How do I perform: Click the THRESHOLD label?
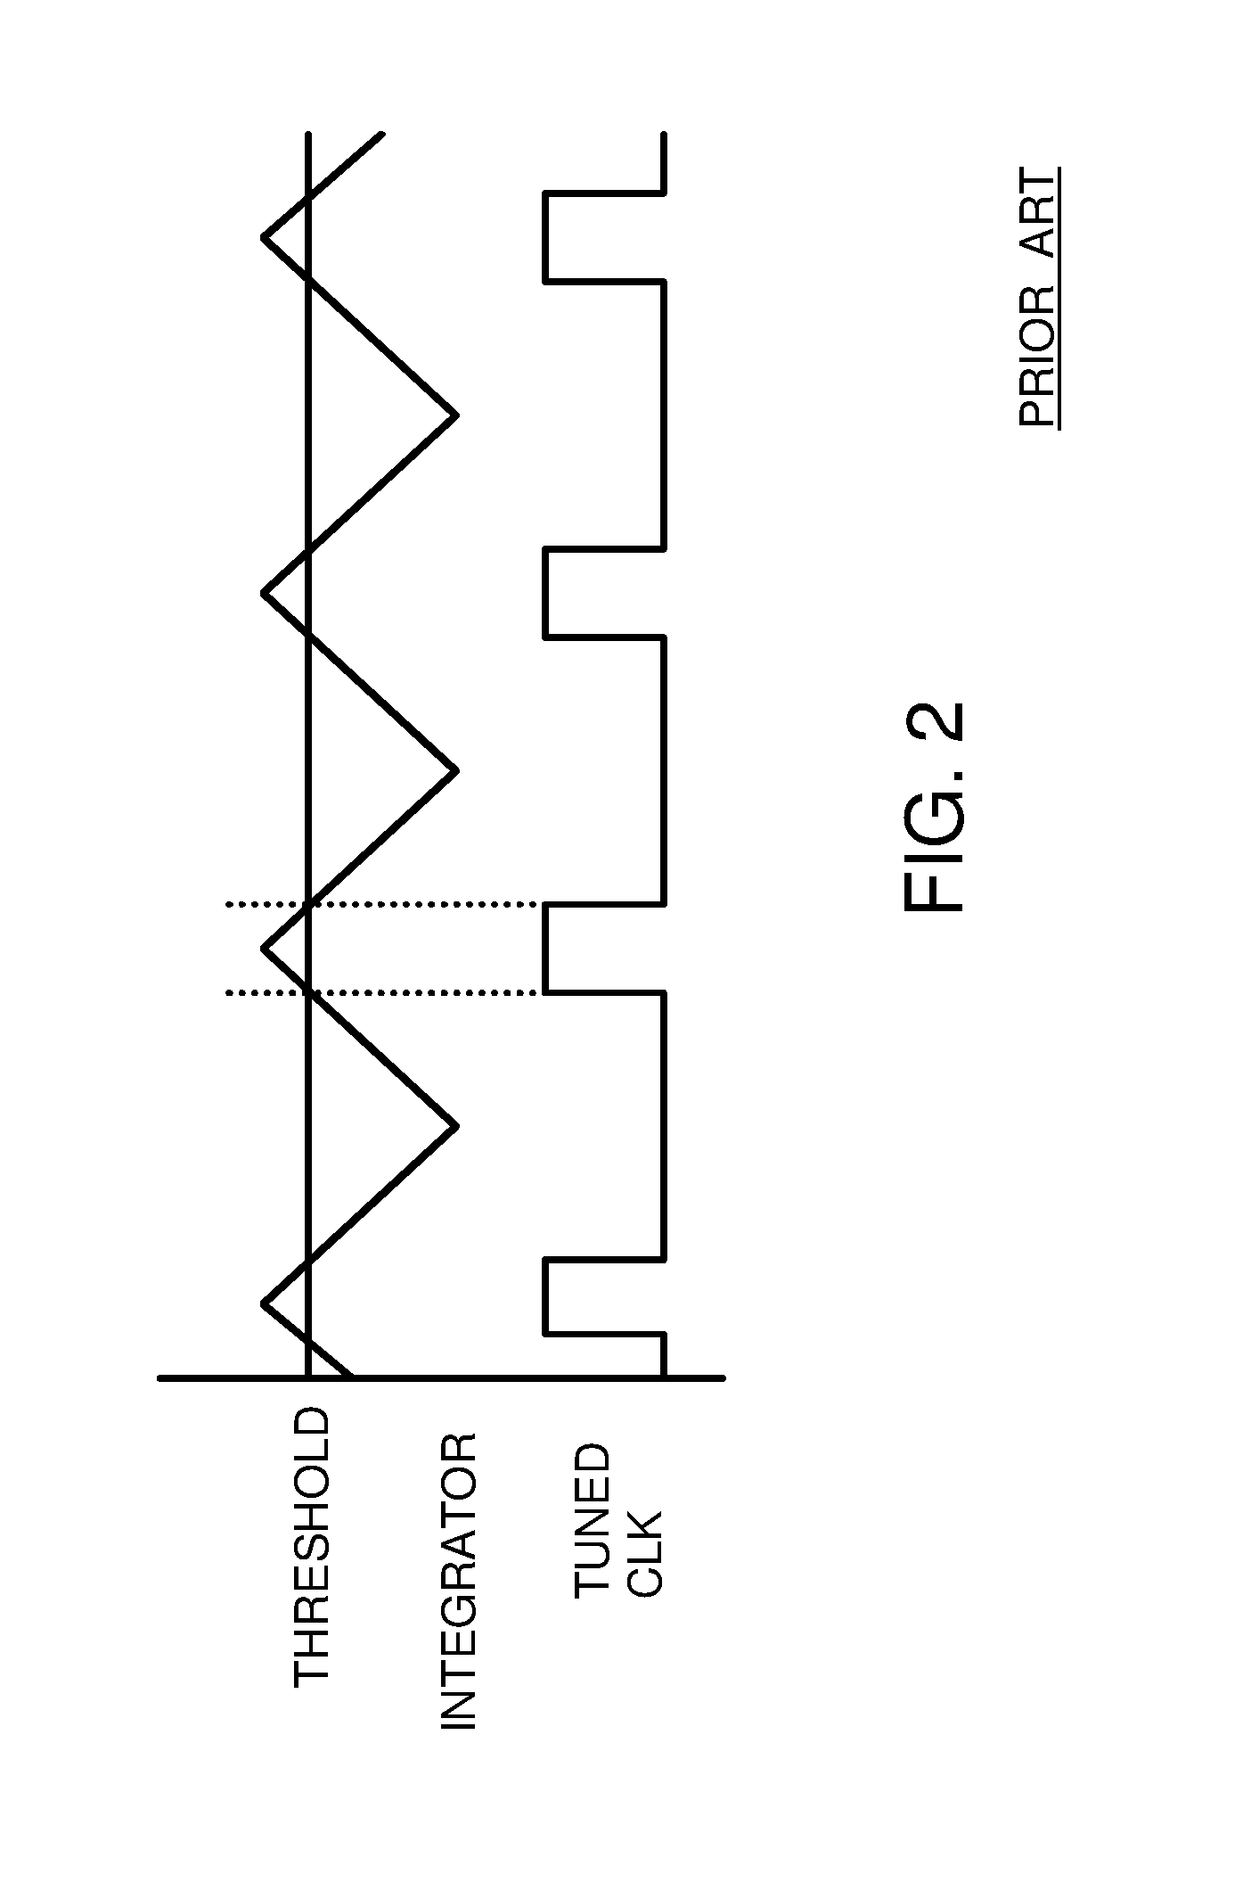pos(311,1548)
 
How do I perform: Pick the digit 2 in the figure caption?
pos(935,723)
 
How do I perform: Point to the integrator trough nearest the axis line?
pos(455,1127)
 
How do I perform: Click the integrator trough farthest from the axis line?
pos(455,415)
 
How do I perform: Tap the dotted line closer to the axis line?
pos(383,992)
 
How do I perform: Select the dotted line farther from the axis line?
pos(383,905)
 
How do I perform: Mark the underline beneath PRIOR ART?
pos(1059,298)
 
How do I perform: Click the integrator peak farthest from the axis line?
pos(266,237)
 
